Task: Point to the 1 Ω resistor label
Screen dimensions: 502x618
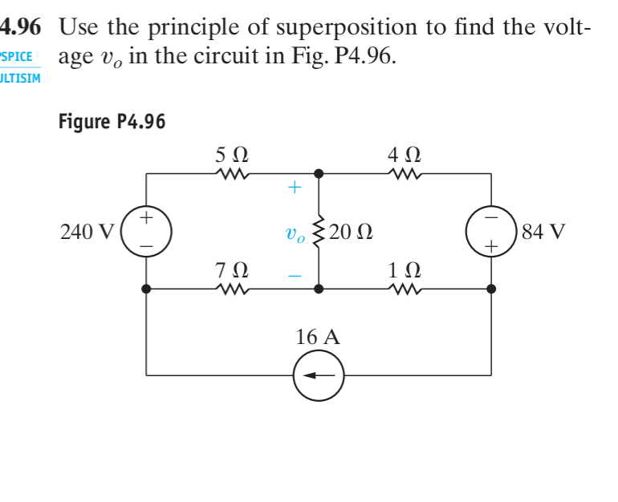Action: coord(404,270)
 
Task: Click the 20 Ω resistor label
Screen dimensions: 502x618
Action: coord(350,233)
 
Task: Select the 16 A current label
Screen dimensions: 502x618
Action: coord(318,338)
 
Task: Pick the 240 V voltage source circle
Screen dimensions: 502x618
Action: coord(145,231)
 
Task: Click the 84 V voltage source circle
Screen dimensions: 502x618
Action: coord(491,231)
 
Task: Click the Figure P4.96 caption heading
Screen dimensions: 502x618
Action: coord(112,122)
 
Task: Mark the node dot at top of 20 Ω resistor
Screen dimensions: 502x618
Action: coord(319,172)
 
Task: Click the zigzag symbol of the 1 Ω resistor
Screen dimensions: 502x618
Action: coord(404,288)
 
